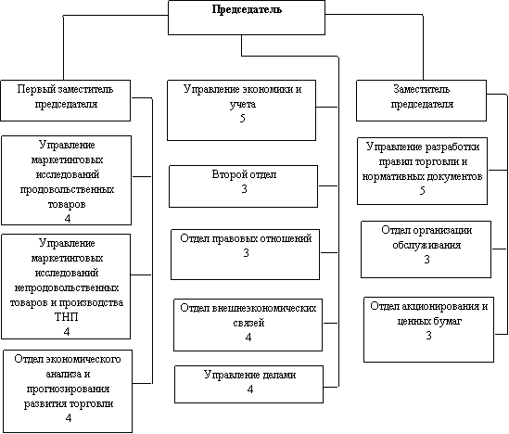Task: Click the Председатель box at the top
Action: (x=247, y=18)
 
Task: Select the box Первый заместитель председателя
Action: (x=65, y=101)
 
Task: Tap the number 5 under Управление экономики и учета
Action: (x=243, y=118)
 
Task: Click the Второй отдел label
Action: (x=244, y=174)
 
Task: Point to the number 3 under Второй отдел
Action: (x=244, y=188)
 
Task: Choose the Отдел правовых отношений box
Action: (x=245, y=254)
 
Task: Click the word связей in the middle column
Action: (x=248, y=323)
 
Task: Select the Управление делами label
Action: (x=249, y=375)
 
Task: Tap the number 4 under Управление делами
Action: (x=249, y=389)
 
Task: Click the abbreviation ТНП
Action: (x=66, y=317)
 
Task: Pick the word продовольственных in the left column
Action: (x=67, y=189)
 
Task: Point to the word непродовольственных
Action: (x=67, y=287)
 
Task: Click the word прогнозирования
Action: (x=68, y=389)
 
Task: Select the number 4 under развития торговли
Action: (x=69, y=417)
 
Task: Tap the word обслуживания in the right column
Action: (x=426, y=245)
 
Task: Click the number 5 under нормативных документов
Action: (x=422, y=190)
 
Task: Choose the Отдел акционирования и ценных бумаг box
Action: (x=428, y=329)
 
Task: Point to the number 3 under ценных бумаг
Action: (x=428, y=336)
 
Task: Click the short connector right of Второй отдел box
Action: (x=328, y=186)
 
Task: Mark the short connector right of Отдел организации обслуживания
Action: (x=499, y=249)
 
